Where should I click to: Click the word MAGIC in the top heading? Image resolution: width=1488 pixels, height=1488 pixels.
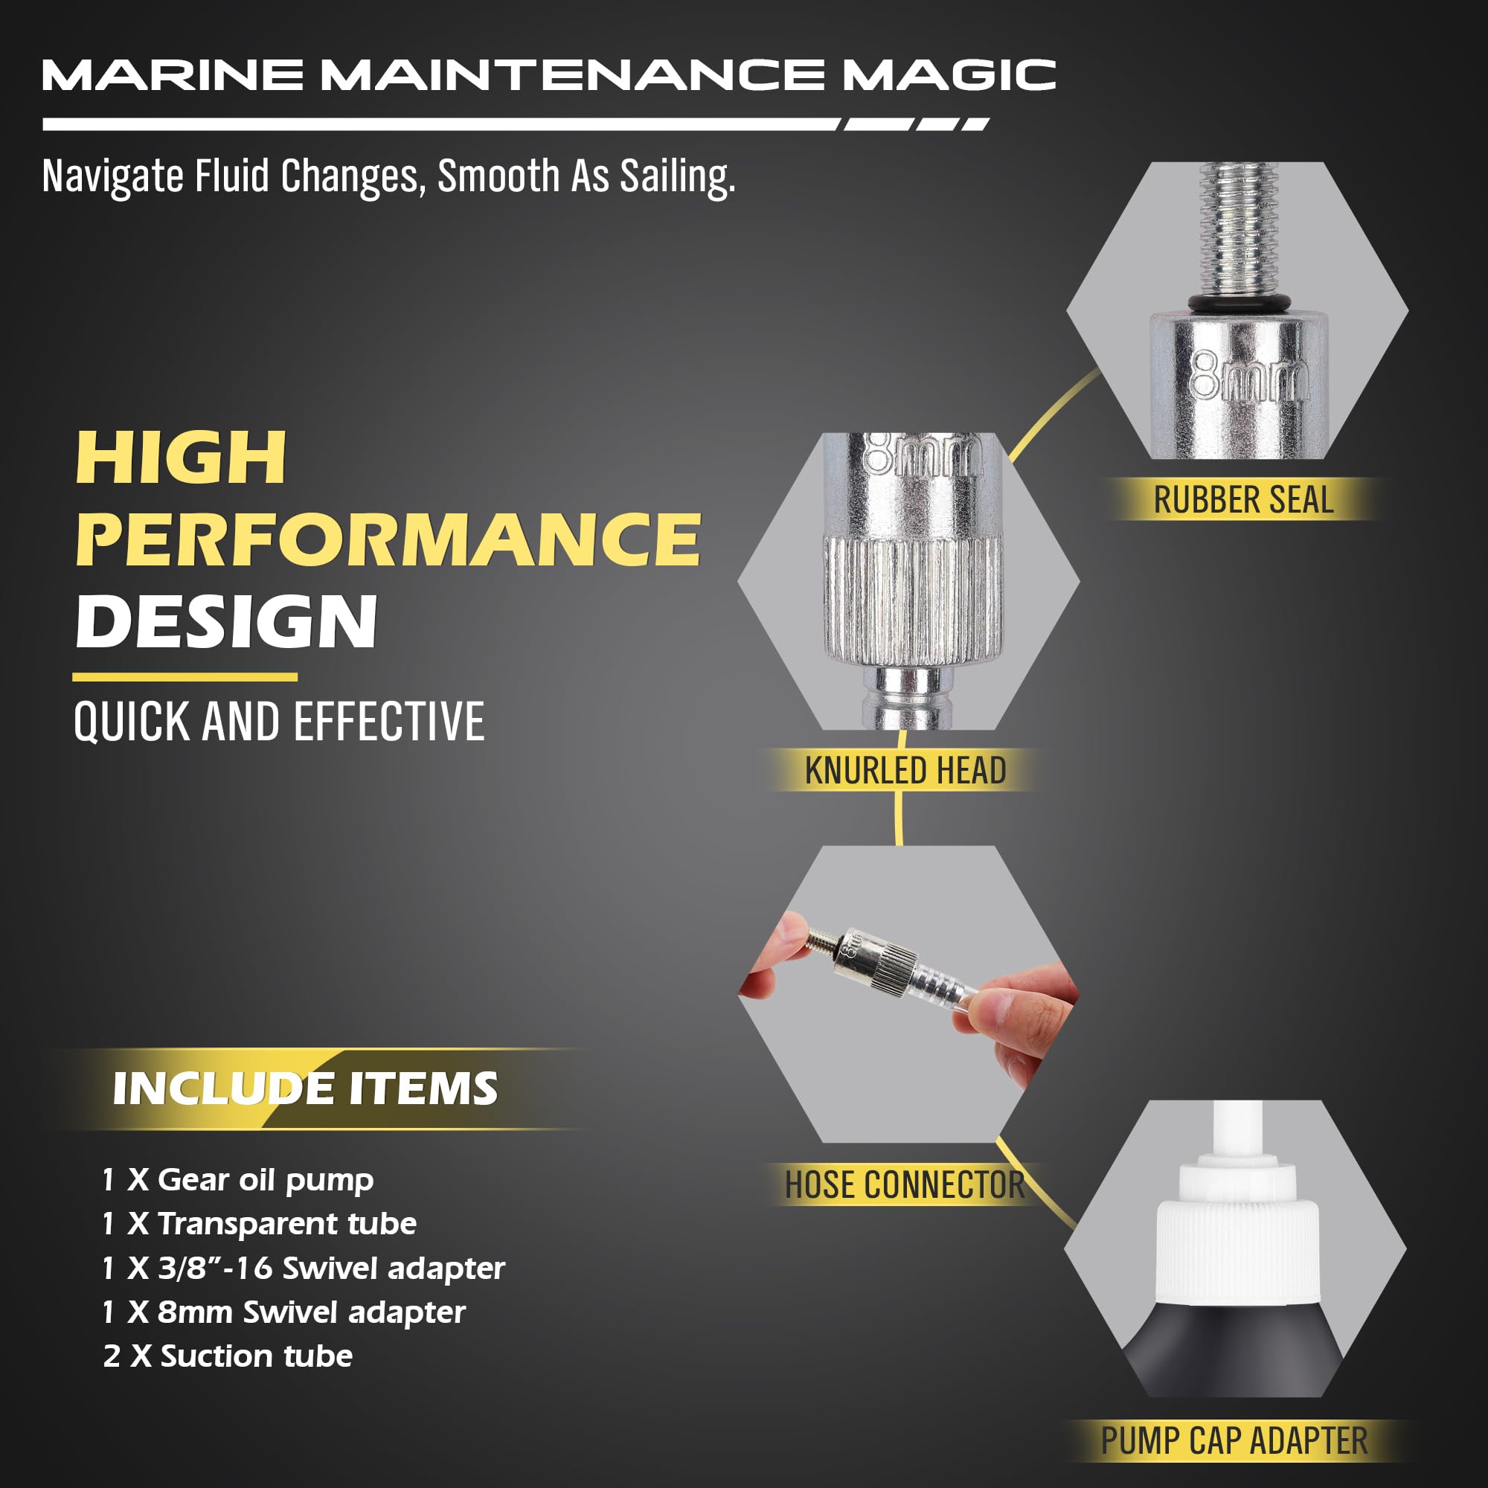[x=948, y=74]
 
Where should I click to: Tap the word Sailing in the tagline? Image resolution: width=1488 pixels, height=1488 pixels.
[x=677, y=176]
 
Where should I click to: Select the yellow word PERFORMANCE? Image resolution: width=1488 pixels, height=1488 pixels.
[x=388, y=539]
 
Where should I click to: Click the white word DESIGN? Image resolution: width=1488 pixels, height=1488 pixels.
[x=226, y=621]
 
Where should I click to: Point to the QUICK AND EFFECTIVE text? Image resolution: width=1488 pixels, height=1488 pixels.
[x=279, y=722]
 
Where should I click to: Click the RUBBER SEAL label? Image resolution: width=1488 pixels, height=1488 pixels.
[x=1243, y=500]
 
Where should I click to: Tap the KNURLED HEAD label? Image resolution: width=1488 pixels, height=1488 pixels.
[x=905, y=770]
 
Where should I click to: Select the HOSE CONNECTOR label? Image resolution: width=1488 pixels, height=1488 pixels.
[x=904, y=1184]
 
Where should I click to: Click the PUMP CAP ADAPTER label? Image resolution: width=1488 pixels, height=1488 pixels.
[x=1234, y=1440]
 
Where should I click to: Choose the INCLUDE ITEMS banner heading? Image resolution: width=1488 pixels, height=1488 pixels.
[x=305, y=1088]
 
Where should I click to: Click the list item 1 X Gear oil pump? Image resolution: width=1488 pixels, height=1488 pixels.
[x=238, y=1180]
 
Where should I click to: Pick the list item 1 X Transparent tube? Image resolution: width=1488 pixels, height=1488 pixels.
[x=260, y=1224]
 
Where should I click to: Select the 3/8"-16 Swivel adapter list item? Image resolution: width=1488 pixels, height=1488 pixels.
[x=304, y=1269]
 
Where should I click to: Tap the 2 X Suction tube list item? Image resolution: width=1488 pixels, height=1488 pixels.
[x=228, y=1356]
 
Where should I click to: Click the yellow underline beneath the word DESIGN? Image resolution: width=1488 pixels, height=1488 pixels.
[x=185, y=677]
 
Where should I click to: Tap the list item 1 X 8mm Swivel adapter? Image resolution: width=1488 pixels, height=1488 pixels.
[x=284, y=1312]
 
